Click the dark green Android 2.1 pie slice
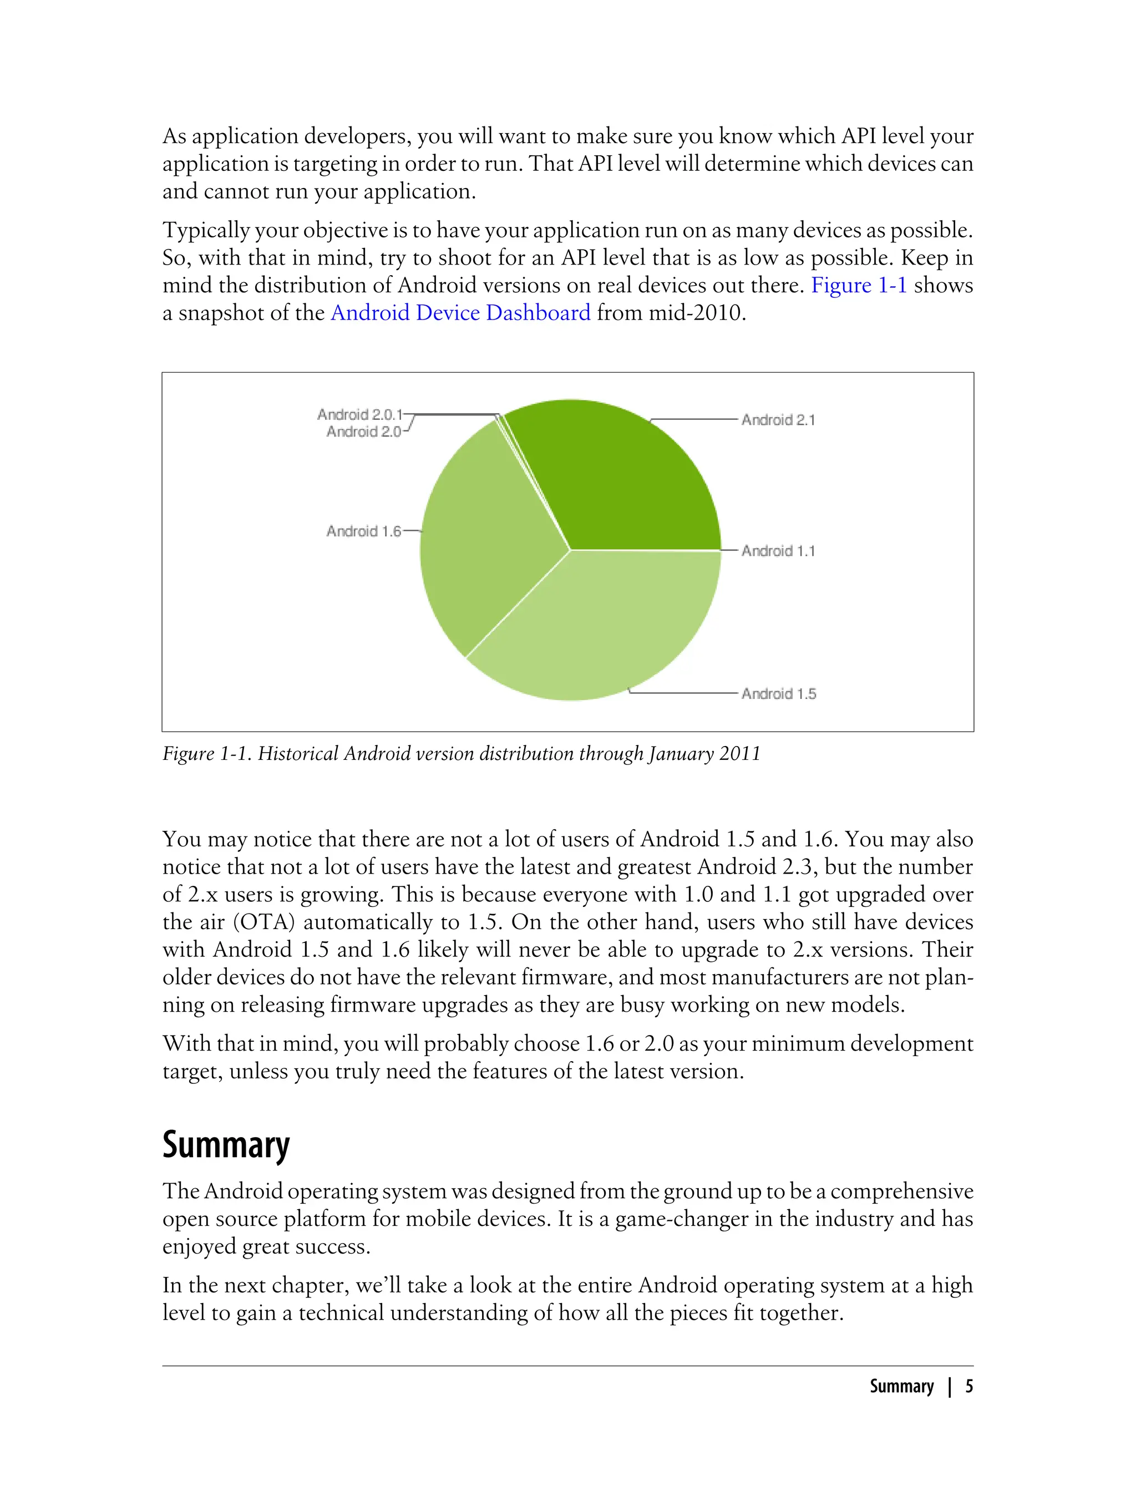tap(622, 480)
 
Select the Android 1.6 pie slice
tap(487, 541)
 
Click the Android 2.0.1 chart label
tap(360, 414)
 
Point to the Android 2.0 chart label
tap(364, 432)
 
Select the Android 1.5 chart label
tap(778, 693)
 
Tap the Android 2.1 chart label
tap(778, 420)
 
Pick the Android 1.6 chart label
tap(364, 531)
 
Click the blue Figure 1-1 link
tap(858, 285)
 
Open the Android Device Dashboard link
tap(460, 312)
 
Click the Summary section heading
tap(226, 1145)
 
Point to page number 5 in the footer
tap(969, 1386)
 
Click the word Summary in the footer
tap(901, 1386)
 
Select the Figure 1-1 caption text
tap(461, 753)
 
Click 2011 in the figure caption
tap(740, 753)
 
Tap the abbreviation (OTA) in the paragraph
tap(263, 922)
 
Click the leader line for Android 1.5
tap(683, 693)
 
